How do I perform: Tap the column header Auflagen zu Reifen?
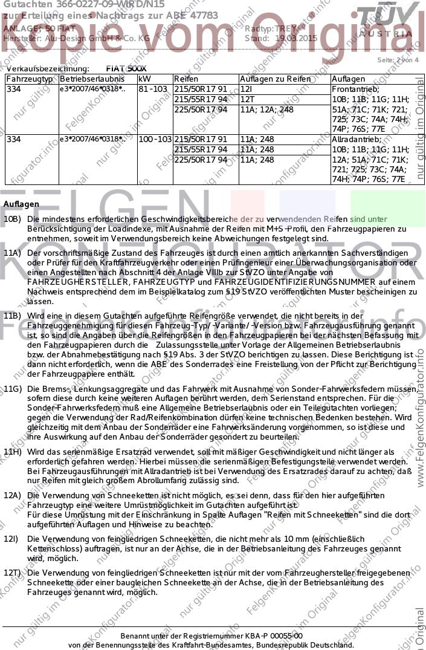click(275, 79)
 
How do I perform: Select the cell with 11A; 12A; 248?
click(266, 109)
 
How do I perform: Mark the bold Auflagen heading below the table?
click(21, 205)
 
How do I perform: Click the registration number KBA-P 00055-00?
click(272, 635)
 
